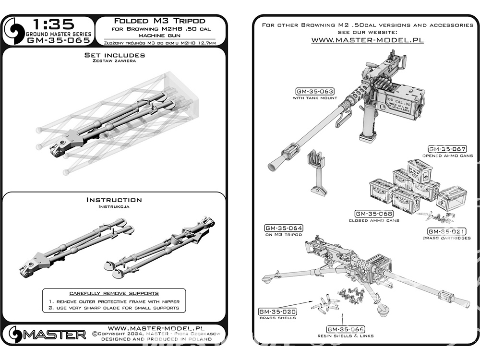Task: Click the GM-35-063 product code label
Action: pyautogui.click(x=315, y=91)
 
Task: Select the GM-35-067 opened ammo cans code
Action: pyautogui.click(x=447, y=149)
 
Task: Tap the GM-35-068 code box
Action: pyautogui.click(x=374, y=214)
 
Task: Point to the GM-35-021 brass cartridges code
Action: pyautogui.click(x=446, y=231)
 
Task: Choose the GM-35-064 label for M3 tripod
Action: pyautogui.click(x=283, y=228)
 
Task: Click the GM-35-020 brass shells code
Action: pyautogui.click(x=277, y=312)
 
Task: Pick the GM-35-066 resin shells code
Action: pyautogui.click(x=345, y=329)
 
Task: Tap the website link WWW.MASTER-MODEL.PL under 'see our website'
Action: pyautogui.click(x=367, y=40)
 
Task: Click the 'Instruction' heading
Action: pyautogui.click(x=114, y=200)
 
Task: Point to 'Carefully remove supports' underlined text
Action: pyautogui.click(x=114, y=293)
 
